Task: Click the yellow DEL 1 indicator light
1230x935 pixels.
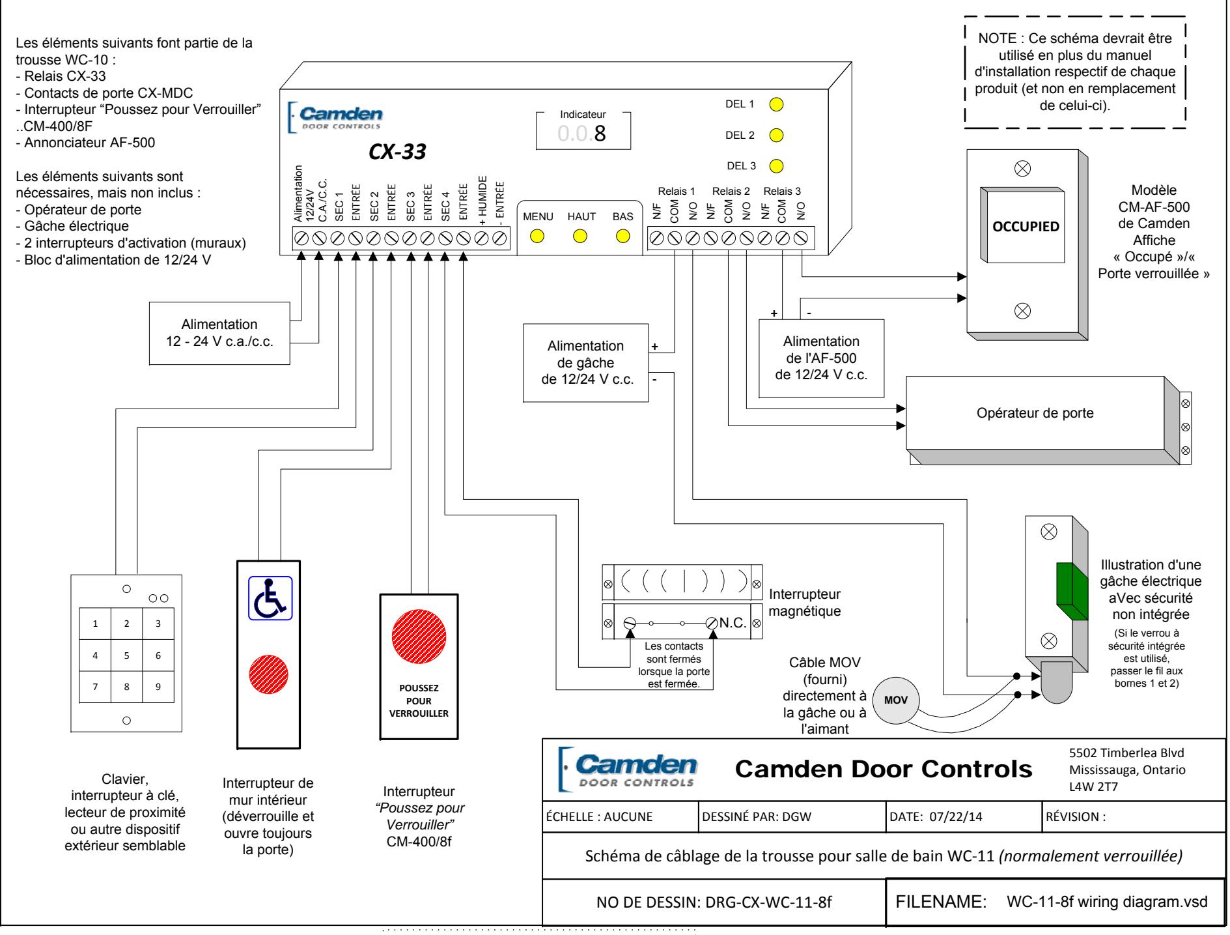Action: point(776,104)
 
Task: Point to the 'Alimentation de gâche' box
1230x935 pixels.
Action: point(585,363)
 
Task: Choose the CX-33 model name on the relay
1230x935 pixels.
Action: point(397,152)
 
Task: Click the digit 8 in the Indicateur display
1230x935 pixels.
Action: point(600,133)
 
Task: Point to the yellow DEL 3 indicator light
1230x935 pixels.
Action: point(776,165)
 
